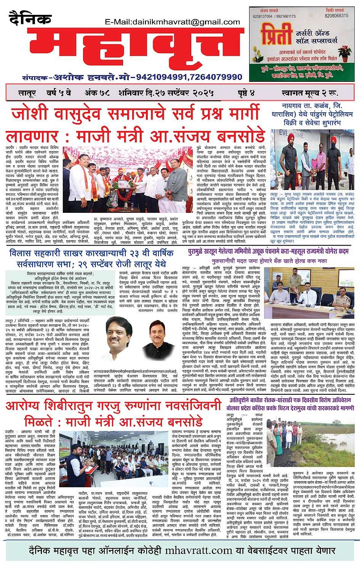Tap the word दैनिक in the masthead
pos(30,19)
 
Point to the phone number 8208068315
pos(336,16)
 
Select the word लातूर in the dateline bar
pos(27,93)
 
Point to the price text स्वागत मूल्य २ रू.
pos(310,93)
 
